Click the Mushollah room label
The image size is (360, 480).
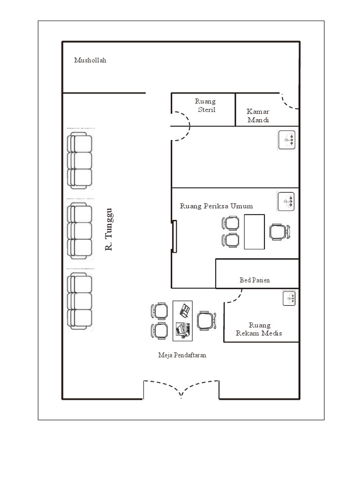pos(90,60)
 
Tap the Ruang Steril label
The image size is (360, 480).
pos(206,105)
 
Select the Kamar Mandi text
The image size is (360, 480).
pos(258,116)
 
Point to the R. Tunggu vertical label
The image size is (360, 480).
pos(109,229)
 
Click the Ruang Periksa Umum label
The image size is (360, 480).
pos(217,206)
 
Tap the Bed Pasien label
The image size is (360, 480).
pos(255,280)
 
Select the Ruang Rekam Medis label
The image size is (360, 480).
pos(259,329)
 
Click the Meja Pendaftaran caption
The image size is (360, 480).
pos(182,355)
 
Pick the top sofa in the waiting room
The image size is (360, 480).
pos(80,160)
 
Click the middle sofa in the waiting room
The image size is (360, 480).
pos(80,231)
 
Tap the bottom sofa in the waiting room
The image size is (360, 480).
pos(80,301)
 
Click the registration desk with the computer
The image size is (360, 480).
pos(183,321)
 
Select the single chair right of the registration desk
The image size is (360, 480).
pos(206,321)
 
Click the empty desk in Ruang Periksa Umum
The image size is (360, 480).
pos(255,232)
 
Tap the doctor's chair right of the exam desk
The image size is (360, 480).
pos(280,232)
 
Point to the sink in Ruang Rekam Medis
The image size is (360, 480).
pos(289,298)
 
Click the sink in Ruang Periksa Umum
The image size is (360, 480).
pos(286,202)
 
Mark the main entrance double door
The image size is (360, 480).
pos(181,389)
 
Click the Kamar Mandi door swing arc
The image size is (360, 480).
pos(289,102)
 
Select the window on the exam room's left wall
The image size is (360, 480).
pos(174,236)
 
